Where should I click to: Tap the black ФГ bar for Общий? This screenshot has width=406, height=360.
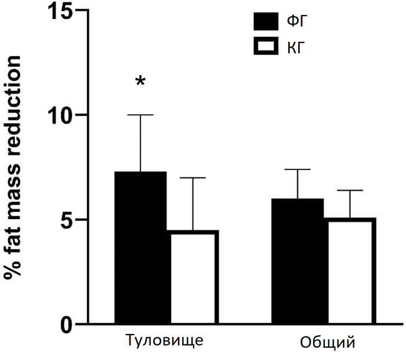tap(298, 261)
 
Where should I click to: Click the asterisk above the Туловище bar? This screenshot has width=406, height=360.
tap(140, 81)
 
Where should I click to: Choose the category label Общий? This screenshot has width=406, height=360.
tap(327, 341)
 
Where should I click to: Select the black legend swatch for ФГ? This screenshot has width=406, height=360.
tap(267, 22)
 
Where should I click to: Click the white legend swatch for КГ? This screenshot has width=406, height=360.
tap(267, 46)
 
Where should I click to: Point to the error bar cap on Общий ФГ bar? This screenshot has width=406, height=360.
tap(298, 169)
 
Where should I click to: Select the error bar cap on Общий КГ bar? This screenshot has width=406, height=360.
tap(349, 190)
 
